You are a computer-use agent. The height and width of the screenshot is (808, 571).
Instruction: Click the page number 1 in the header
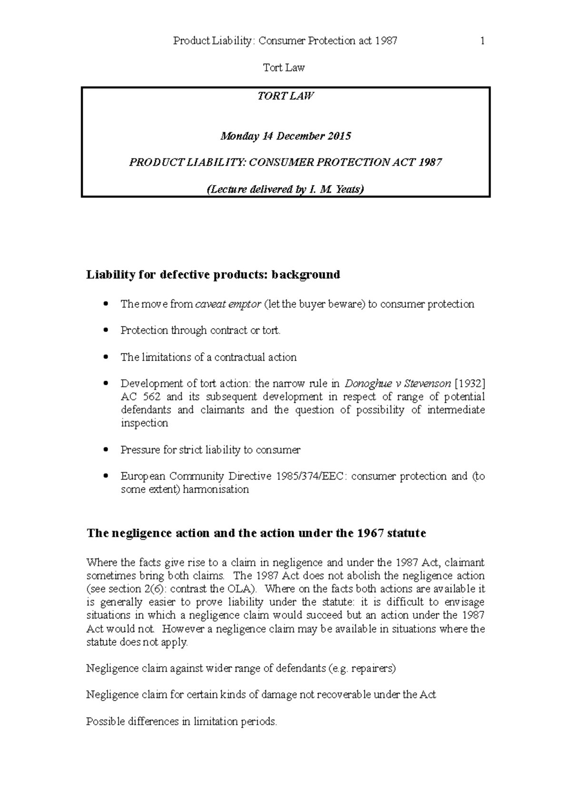pos(482,41)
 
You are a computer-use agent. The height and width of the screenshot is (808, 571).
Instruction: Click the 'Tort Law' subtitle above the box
pos(284,68)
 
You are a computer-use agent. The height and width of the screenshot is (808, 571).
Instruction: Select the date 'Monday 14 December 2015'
pos(285,136)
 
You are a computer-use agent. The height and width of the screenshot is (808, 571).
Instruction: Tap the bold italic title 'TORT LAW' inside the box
pos(285,96)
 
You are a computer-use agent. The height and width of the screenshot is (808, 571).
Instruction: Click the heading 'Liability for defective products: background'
pos(213,275)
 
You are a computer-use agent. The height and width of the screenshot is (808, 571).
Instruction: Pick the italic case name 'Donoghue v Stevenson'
pos(397,384)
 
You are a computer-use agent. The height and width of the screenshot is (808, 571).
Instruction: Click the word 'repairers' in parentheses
pos(373,669)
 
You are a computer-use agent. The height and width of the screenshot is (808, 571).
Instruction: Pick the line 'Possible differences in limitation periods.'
pos(181,721)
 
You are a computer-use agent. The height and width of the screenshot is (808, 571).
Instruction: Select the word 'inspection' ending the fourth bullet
pos(144,423)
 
